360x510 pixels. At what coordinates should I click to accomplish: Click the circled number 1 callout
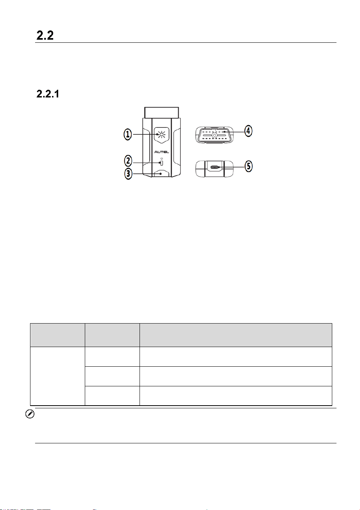pos(128,134)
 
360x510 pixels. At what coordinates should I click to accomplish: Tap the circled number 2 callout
pos(128,161)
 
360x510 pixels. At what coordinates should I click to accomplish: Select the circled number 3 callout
pos(128,174)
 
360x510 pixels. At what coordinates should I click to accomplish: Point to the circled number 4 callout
pos(248,131)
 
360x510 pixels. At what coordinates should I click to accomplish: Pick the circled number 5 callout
pos(249,166)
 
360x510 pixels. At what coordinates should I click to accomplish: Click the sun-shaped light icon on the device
pos(162,134)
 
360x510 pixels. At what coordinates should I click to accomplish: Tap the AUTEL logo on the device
pos(162,152)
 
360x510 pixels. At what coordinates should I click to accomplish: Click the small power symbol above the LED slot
pos(161,158)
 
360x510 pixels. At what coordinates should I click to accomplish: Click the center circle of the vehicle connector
pos(214,136)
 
